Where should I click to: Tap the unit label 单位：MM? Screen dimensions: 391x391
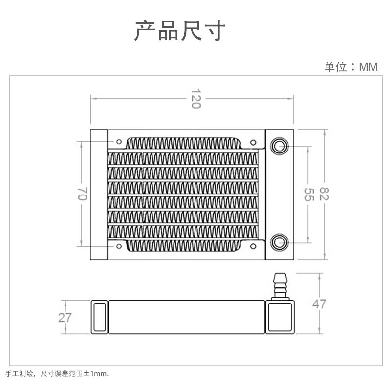point(351,67)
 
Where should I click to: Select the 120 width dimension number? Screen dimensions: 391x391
point(195,99)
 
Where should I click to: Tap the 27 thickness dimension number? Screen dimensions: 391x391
point(65,318)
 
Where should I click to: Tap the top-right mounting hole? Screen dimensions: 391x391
point(252,142)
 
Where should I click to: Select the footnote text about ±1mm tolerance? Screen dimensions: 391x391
point(57,373)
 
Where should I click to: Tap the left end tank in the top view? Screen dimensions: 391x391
point(98,194)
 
